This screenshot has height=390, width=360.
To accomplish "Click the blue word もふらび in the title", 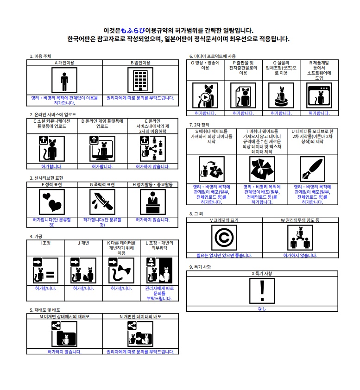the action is point(133,31).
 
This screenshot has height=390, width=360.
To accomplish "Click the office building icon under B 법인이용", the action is point(140,80).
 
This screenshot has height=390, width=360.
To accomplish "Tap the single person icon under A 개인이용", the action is point(64,80).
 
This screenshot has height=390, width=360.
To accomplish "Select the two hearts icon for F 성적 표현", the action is point(52,202).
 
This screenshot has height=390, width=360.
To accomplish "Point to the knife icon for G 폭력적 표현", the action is point(102,202).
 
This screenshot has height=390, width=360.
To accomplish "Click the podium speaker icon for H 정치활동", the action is point(153,202).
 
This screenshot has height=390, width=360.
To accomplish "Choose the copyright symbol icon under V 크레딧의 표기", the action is point(224,238).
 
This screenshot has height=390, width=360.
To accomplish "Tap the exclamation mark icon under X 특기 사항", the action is point(262,291).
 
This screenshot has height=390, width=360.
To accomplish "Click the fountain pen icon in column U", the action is point(312,169).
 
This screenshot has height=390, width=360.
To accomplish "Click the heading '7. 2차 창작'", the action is point(199,125).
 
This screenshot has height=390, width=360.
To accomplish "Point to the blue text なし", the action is point(262,308).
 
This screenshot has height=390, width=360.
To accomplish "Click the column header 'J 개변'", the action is point(83,243).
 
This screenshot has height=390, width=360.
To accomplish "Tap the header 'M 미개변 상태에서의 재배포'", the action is point(64,316).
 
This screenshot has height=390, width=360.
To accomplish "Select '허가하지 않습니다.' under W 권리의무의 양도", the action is point(300,255).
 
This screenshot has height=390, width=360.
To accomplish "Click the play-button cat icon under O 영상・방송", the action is point(205,95).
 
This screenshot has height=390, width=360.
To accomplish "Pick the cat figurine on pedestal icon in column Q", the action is point(281,95).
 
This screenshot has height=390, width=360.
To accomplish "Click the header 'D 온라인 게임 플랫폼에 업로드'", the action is point(102,124).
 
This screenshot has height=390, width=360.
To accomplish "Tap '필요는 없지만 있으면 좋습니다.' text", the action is point(224,255).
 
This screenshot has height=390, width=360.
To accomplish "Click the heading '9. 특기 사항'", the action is point(200,267).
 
